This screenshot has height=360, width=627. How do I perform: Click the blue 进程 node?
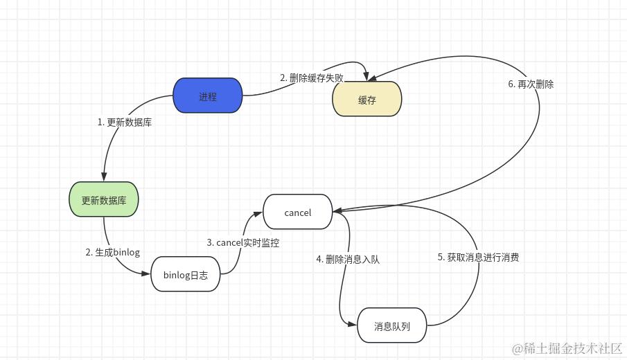208,97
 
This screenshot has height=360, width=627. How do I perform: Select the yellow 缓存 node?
367,100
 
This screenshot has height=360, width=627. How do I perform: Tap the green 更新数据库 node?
104,200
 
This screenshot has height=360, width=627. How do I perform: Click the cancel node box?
298,212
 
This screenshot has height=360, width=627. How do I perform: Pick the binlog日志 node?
186,274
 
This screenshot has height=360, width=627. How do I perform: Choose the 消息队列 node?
392,325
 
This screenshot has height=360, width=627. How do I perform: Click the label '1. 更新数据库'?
125,122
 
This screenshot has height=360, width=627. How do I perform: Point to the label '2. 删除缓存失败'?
312,78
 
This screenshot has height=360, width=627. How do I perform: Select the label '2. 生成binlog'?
112,252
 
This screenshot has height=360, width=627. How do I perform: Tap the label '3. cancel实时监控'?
243,242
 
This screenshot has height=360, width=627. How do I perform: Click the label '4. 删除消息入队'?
348,259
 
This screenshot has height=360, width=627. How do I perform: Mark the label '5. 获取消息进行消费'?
478,257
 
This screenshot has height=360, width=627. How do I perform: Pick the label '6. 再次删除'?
531,84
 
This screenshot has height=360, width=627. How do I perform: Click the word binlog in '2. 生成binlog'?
127,252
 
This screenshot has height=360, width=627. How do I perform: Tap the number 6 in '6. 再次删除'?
511,84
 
